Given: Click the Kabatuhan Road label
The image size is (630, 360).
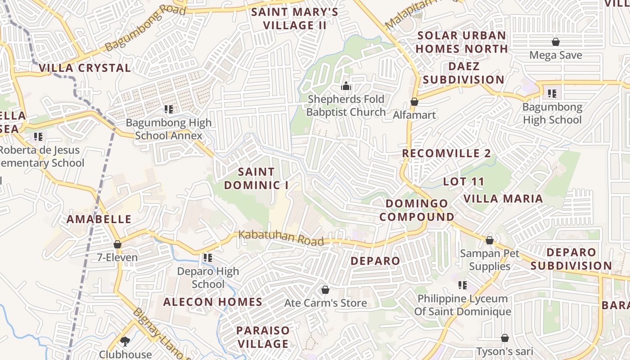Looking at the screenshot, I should [281, 238].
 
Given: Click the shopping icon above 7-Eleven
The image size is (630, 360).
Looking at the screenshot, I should [117, 244].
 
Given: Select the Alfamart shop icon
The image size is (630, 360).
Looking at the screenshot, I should [414, 102].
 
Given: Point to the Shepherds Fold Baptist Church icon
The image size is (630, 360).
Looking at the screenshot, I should [346, 85].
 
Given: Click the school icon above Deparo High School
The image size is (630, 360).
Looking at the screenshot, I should [207, 258].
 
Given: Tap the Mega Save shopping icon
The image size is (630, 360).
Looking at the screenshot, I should [556, 42].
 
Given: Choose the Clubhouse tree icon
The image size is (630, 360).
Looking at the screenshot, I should [125, 341].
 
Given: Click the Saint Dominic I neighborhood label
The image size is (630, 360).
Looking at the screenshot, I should [256, 178].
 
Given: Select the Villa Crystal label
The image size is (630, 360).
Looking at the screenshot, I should [85, 68].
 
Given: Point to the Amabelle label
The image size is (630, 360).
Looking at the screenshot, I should [99, 219].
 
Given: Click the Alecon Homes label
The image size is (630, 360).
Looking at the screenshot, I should [212, 301].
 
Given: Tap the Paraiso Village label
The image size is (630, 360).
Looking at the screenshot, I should [263, 337].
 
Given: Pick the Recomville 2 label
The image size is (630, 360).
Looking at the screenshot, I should [446, 153].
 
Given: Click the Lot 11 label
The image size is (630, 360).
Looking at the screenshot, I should [463, 182].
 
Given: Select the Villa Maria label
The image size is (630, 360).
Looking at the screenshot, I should [503, 198].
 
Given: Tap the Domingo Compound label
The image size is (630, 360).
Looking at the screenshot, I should [417, 210].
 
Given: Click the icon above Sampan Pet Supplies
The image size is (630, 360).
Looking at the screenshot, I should [489, 240].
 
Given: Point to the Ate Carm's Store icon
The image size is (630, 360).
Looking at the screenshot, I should [325, 290].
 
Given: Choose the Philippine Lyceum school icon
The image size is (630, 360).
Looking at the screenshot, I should [462, 285].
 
